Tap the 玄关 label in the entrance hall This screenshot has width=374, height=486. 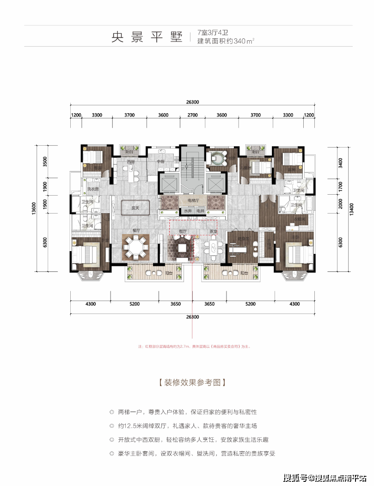135,208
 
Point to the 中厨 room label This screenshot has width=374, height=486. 160,162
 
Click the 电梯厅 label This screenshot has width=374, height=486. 193,201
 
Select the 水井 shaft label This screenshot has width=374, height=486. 187,211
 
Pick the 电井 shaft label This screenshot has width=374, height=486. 200,211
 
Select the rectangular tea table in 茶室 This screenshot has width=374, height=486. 213,248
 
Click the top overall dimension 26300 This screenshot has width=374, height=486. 192,103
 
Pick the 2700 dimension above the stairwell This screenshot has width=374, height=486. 192,115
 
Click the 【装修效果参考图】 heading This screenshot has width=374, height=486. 191,382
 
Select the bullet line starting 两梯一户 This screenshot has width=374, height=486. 183,412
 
